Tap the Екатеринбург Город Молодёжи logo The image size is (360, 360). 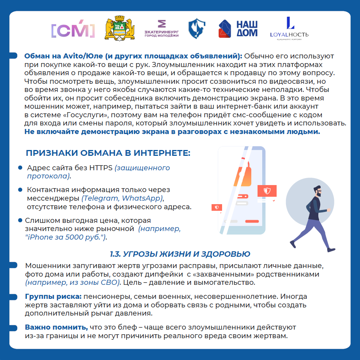pos(161,29)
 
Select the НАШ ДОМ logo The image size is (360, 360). pos(238,29)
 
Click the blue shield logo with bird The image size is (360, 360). pos(197,29)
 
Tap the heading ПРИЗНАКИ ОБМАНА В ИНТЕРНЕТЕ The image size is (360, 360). pos(108,153)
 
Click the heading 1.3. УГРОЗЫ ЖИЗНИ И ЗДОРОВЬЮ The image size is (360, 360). pos(180,254)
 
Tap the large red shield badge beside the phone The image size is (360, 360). pos(267,191)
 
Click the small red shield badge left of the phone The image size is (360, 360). pos(217,207)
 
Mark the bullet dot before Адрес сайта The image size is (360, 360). pos(20,168)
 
